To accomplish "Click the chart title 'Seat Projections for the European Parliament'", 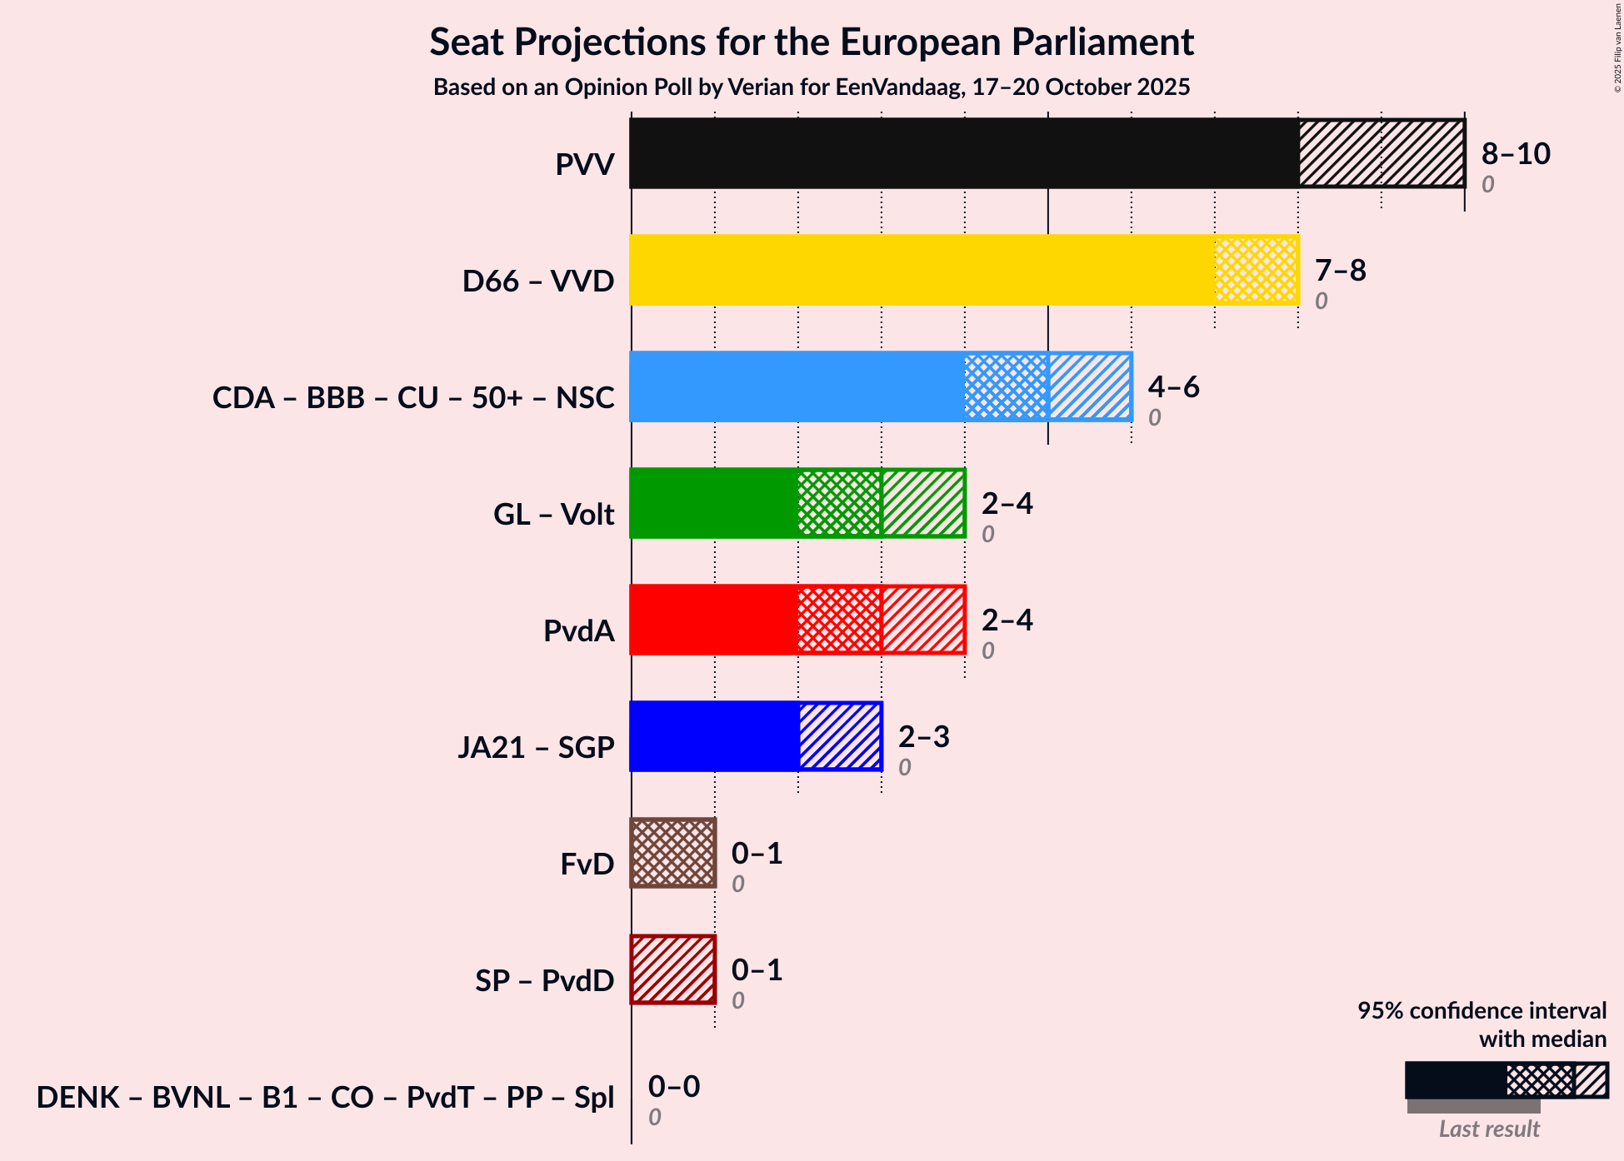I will coord(812,42).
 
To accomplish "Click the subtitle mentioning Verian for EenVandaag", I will coord(812,87).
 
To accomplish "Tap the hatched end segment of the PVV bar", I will coord(1382,153).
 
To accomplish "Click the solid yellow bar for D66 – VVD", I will coord(922,270).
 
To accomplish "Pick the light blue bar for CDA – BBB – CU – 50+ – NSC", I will coord(797,386).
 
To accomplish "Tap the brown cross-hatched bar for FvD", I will coord(673,853).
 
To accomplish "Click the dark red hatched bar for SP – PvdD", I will coord(673,969).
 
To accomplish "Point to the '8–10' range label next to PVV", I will coord(1516,154).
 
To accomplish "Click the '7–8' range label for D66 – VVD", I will coord(1340,271).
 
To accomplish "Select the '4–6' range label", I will coord(1173,387).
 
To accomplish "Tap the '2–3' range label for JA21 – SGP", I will coord(923,737).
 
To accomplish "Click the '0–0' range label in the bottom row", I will coord(674,1087).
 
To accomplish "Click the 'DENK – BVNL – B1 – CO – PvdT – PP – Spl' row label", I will coord(325,1098).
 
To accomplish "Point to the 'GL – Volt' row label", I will coord(553,515).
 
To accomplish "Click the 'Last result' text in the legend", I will coord(1489,1129).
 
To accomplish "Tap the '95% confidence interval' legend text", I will coord(1482,1011).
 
